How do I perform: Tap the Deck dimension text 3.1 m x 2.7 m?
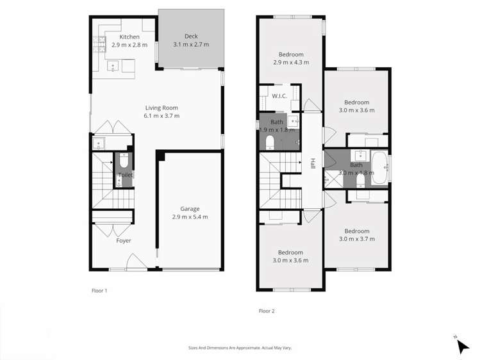191,45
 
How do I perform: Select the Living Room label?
161,108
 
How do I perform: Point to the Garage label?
190,209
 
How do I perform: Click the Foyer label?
123,241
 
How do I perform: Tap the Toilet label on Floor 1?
125,175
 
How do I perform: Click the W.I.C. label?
279,97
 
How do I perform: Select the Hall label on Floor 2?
313,163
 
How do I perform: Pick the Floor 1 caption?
99,290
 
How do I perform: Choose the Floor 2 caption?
266,311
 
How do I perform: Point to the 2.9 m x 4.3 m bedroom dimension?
290,63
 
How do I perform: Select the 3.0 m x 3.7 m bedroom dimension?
356,239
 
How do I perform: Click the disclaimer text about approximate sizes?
240,348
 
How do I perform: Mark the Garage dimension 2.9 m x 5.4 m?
190,217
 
